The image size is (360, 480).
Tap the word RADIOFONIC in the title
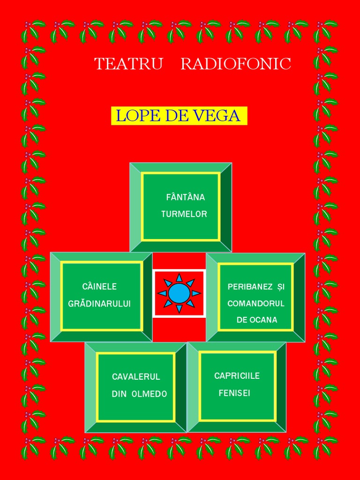[x=236, y=64]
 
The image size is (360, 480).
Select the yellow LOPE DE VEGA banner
[x=179, y=116]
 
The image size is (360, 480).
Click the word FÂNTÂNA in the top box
[x=185, y=197]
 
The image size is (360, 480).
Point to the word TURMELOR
[x=184, y=214]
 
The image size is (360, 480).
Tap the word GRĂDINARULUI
[x=99, y=304]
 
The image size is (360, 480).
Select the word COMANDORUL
[x=256, y=303]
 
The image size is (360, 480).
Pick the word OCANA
[x=264, y=320]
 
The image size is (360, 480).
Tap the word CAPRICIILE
[x=237, y=376]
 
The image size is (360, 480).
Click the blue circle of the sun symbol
[x=179, y=293]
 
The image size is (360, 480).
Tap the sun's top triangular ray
[x=179, y=278]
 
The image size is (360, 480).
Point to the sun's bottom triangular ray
[x=179, y=308]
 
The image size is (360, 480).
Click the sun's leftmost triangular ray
[x=163, y=293]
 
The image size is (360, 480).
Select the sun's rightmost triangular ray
[x=196, y=293]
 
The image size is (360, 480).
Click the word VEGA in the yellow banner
[x=222, y=116]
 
